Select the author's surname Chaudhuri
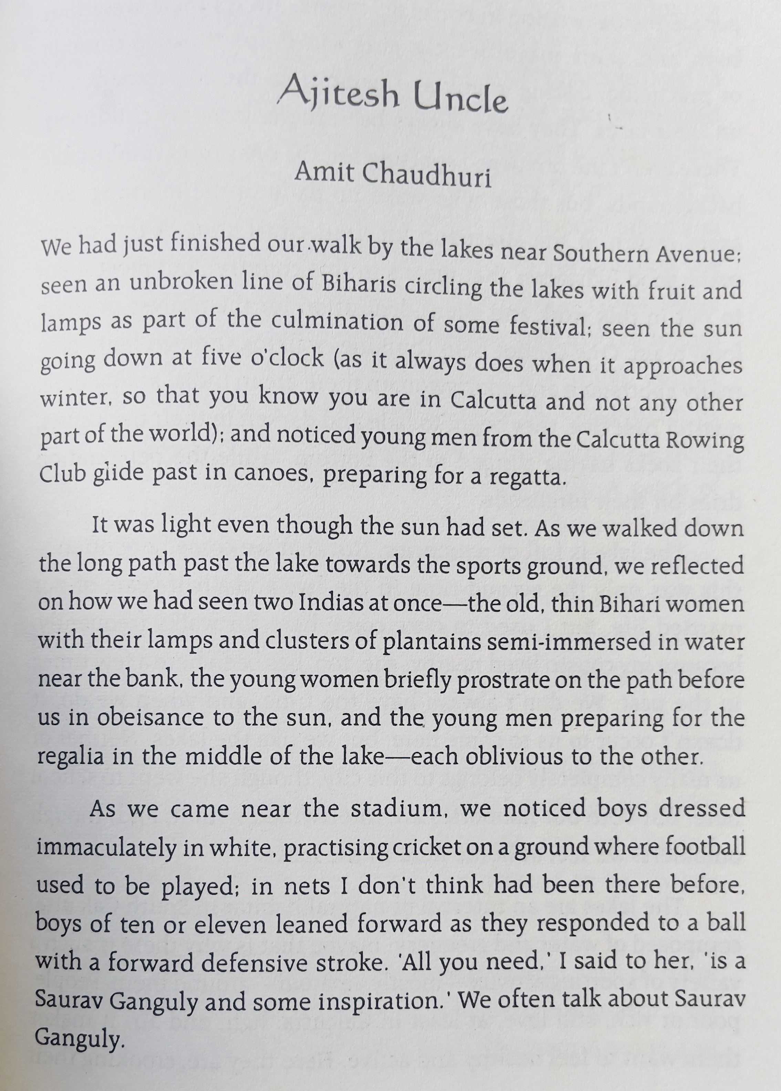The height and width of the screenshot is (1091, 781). tap(427, 175)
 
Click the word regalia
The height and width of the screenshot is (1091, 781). tap(70, 756)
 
